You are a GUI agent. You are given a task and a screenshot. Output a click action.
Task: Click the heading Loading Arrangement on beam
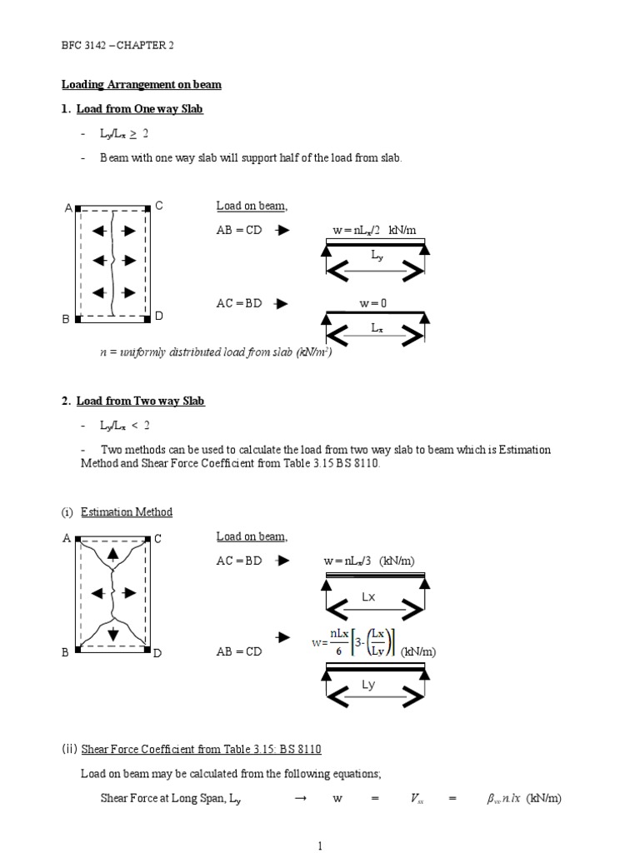tap(142, 85)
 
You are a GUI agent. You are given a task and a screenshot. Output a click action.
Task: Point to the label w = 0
tap(373, 304)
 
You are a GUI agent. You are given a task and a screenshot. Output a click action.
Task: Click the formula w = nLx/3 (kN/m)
tap(368, 561)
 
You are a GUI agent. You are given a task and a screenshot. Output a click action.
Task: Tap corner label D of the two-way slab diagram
tap(157, 653)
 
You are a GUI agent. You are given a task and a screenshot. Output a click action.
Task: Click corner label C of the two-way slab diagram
tap(157, 539)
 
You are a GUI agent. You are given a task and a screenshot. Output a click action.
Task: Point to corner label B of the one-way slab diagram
tap(65, 319)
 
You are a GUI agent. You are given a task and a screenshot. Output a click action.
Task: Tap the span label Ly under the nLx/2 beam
tap(378, 257)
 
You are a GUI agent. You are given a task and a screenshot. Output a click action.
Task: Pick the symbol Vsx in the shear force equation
tap(417, 799)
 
